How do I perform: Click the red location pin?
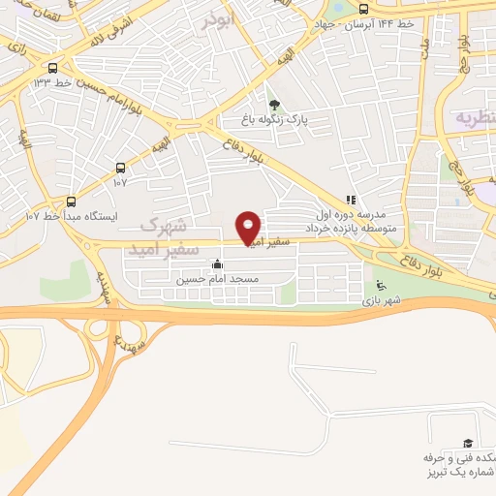(249, 227)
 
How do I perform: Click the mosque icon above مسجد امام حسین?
(216, 263)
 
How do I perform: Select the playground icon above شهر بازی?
(381, 286)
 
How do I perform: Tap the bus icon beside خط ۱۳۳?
(51, 68)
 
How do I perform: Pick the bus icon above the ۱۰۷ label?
(120, 167)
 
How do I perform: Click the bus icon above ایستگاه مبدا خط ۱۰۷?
(70, 201)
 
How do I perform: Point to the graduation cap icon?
(469, 443)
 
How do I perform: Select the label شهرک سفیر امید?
(164, 236)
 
